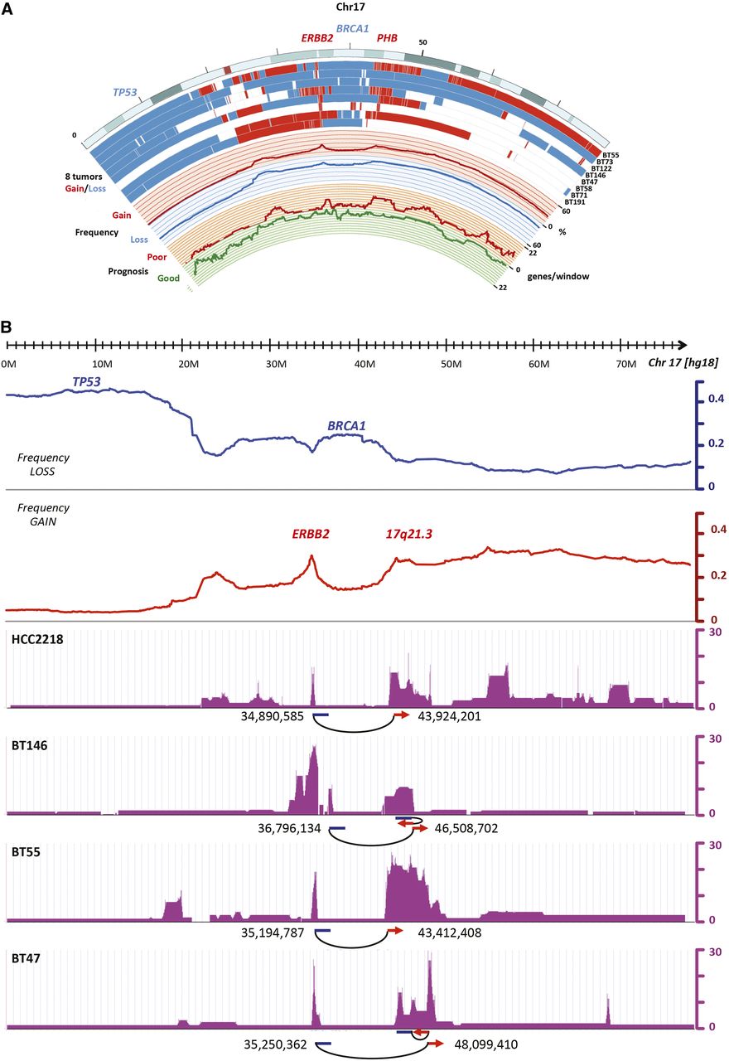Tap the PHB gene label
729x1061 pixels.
coord(387,38)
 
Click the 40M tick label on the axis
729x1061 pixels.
coord(363,365)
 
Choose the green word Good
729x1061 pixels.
coord(169,279)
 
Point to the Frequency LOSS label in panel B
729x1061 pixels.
coord(46,465)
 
